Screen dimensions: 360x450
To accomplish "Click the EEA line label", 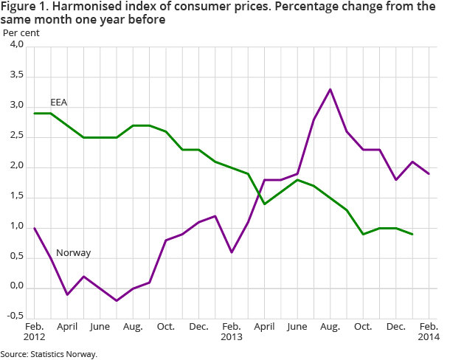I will pos(58,102).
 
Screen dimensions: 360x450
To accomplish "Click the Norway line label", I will pos(74,253).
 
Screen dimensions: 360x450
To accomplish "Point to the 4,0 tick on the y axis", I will pos(15,46).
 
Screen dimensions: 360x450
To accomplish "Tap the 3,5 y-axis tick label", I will pos(15,76).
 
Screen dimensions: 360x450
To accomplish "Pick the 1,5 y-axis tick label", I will pos(15,197).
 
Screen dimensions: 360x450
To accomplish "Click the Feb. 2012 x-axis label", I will pos(34,330).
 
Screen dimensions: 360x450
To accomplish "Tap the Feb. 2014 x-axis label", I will pos(429,330).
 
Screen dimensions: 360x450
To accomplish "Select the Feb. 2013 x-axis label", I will pos(232,330).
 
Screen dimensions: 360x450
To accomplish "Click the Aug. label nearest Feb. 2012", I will pos(133,325).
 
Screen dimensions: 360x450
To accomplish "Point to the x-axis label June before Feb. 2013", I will pos(100,325).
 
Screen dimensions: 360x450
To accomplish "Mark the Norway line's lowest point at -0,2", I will pos(117,300).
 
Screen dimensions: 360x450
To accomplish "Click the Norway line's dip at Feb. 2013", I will pos(232,252).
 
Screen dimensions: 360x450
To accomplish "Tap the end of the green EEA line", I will pos(412,234).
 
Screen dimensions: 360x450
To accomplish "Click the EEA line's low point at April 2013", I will pos(264,204).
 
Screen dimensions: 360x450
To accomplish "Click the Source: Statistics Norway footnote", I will pos(49,354).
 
